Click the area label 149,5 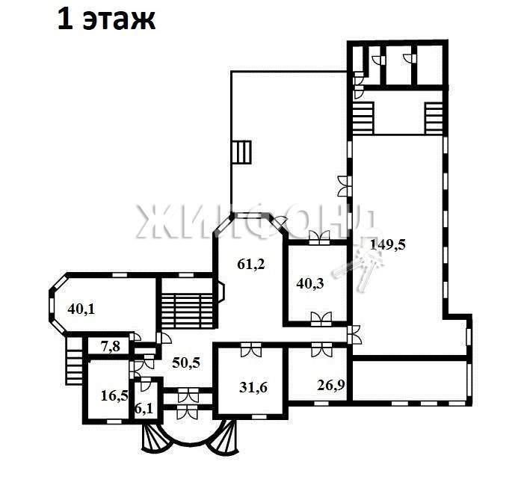click(x=387, y=245)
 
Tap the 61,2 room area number click(x=251, y=265)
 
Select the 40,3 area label click(x=310, y=284)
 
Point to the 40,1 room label click(x=81, y=309)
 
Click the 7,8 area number click(x=111, y=346)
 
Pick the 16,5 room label click(x=114, y=396)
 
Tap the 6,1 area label click(x=144, y=408)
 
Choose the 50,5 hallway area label click(x=186, y=362)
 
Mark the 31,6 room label click(x=253, y=387)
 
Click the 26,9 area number click(x=330, y=385)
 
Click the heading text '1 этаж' click(x=106, y=20)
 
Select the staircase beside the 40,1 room click(x=187, y=311)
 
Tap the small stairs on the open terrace click(x=241, y=152)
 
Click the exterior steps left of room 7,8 click(x=74, y=361)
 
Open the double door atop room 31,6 click(x=251, y=349)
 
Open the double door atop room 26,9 click(x=321, y=349)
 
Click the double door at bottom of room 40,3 click(x=321, y=319)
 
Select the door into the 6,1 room click(x=145, y=384)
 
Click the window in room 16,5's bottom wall click(x=114, y=422)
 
